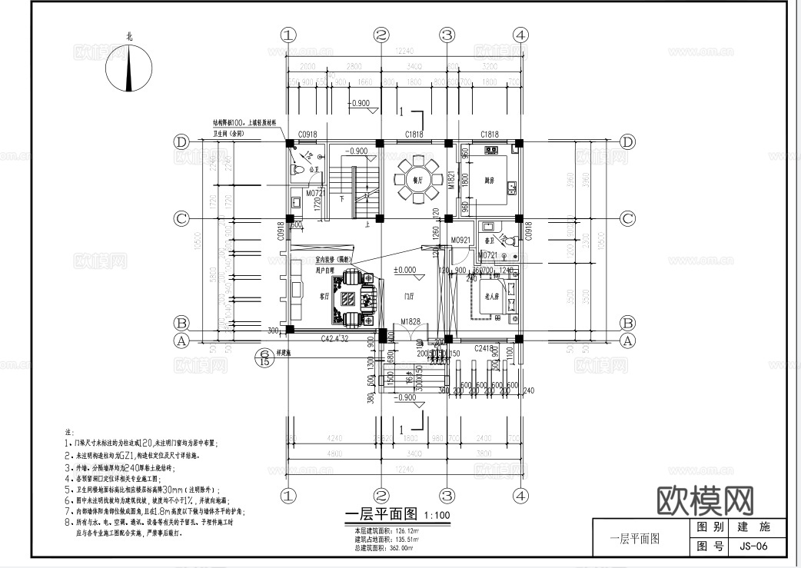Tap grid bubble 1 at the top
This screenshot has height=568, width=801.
click(x=287, y=35)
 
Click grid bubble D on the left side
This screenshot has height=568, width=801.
click(x=182, y=143)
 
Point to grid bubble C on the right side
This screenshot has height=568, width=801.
click(x=627, y=218)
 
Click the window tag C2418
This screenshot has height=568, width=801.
click(x=483, y=348)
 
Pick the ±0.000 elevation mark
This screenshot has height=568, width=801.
click(x=404, y=270)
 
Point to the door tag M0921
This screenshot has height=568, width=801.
click(x=460, y=240)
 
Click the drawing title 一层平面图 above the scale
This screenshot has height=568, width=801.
click(x=382, y=515)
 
